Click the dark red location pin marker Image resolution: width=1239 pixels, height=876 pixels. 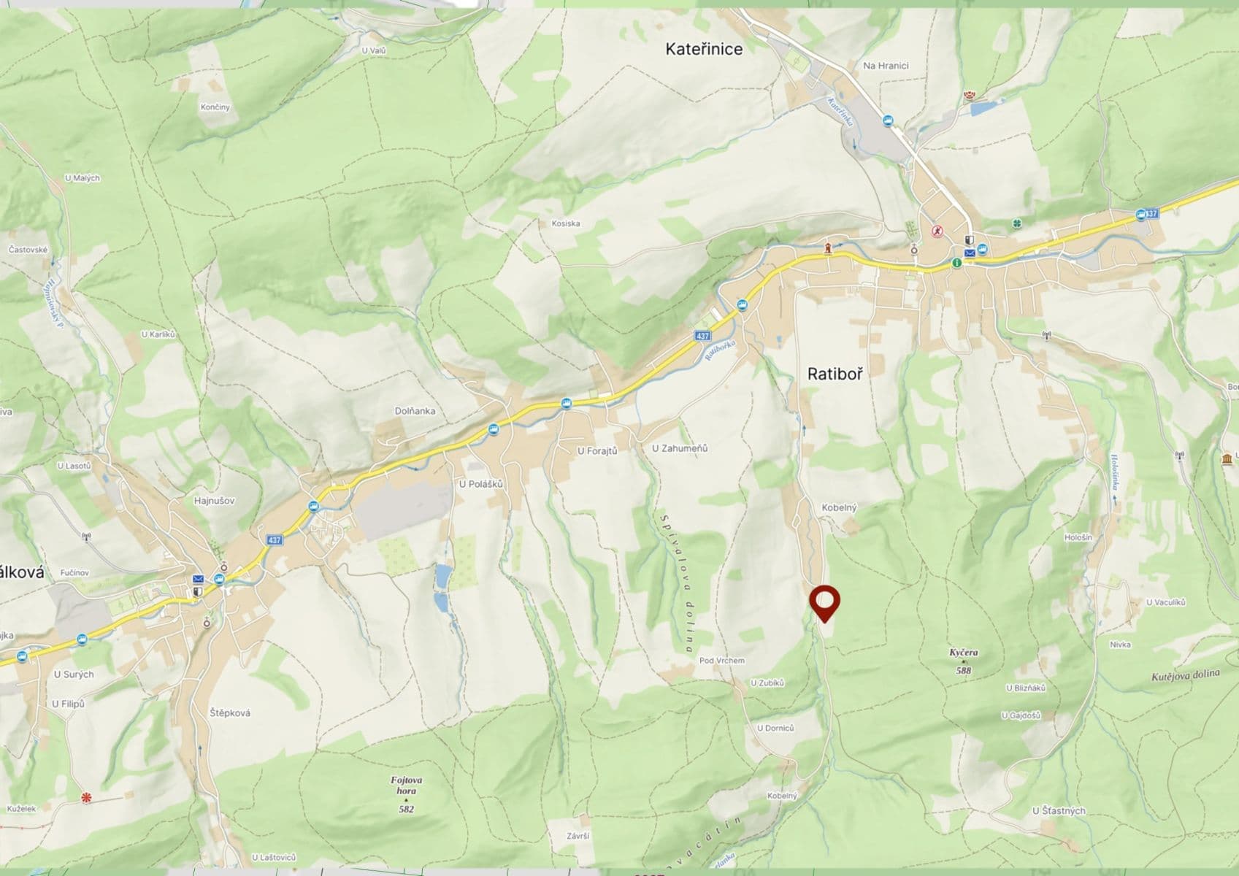tap(825, 603)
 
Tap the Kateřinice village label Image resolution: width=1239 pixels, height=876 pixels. tap(704, 49)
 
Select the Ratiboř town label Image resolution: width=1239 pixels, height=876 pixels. tap(835, 374)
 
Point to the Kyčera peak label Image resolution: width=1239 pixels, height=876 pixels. tap(964, 653)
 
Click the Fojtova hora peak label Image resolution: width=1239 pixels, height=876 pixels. tap(406, 785)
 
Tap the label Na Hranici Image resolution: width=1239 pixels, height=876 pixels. tap(886, 66)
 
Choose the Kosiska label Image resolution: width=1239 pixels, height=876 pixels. tap(566, 223)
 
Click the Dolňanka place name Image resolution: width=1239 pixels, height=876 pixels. tap(415, 411)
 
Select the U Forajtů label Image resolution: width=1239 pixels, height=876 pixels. tap(597, 451)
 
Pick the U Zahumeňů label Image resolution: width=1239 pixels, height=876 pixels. tap(680, 448)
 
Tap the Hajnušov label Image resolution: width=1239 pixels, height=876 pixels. tap(214, 501)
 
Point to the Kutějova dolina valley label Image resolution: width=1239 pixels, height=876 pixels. tap(1185, 675)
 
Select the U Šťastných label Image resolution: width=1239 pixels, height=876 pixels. tap(1059, 810)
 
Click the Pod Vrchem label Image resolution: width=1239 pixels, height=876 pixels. tap(721, 661)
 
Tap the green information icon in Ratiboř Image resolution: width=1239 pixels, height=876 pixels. tap(956, 263)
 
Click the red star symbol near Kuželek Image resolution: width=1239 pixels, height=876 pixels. tap(87, 798)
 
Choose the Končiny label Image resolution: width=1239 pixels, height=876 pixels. tap(215, 107)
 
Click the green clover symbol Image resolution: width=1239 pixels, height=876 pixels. tap(1016, 223)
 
